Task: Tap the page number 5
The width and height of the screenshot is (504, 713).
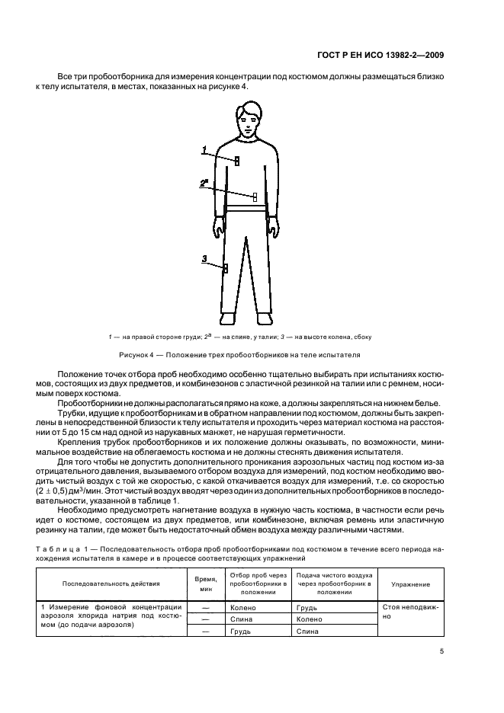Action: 442,651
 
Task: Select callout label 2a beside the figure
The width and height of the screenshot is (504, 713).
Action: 204,183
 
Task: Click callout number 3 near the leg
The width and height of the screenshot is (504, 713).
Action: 204,259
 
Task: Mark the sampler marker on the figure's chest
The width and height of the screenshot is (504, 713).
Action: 237,161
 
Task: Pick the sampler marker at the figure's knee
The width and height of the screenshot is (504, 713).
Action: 226,267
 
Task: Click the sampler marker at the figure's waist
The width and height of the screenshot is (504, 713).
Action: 255,197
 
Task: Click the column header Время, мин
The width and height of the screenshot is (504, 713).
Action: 204,584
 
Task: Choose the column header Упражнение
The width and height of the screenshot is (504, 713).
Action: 410,584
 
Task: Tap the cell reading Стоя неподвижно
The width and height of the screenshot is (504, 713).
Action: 410,612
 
